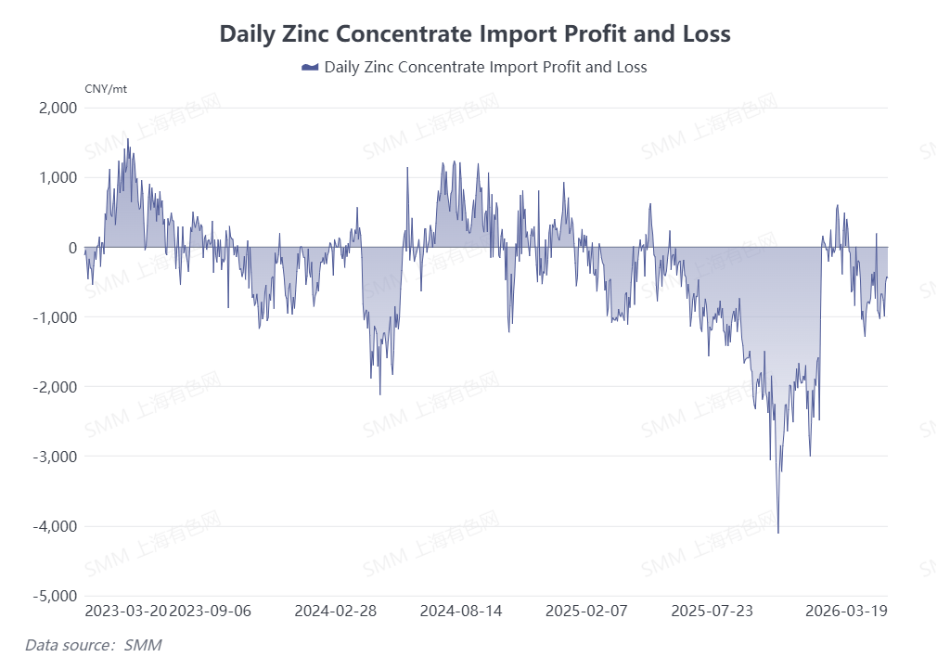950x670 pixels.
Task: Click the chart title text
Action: tap(475, 33)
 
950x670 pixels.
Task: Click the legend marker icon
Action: tap(311, 67)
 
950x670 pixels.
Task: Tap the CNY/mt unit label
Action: tap(105, 89)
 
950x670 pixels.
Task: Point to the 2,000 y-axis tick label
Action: tap(58, 108)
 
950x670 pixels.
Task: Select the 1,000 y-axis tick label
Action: tap(58, 177)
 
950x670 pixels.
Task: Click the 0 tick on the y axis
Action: tap(71, 247)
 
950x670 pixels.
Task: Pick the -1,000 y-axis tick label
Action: tap(55, 316)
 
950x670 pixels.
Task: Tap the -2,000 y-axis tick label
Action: tap(55, 386)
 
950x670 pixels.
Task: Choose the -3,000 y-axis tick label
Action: tap(55, 457)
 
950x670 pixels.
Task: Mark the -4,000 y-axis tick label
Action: tap(55, 526)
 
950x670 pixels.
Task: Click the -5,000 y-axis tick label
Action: tap(55, 596)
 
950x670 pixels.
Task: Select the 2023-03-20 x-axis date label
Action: tap(126, 612)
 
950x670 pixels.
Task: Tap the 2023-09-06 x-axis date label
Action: tap(211, 612)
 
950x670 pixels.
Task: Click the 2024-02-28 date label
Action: tap(335, 612)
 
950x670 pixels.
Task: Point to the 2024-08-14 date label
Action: tap(461, 612)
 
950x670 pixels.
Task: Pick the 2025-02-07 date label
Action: tap(586, 612)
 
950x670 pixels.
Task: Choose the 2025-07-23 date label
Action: tap(712, 612)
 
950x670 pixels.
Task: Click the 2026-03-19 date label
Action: tap(845, 612)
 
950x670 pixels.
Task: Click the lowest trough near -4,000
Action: tap(778, 532)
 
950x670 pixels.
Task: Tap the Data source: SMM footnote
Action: tap(94, 644)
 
